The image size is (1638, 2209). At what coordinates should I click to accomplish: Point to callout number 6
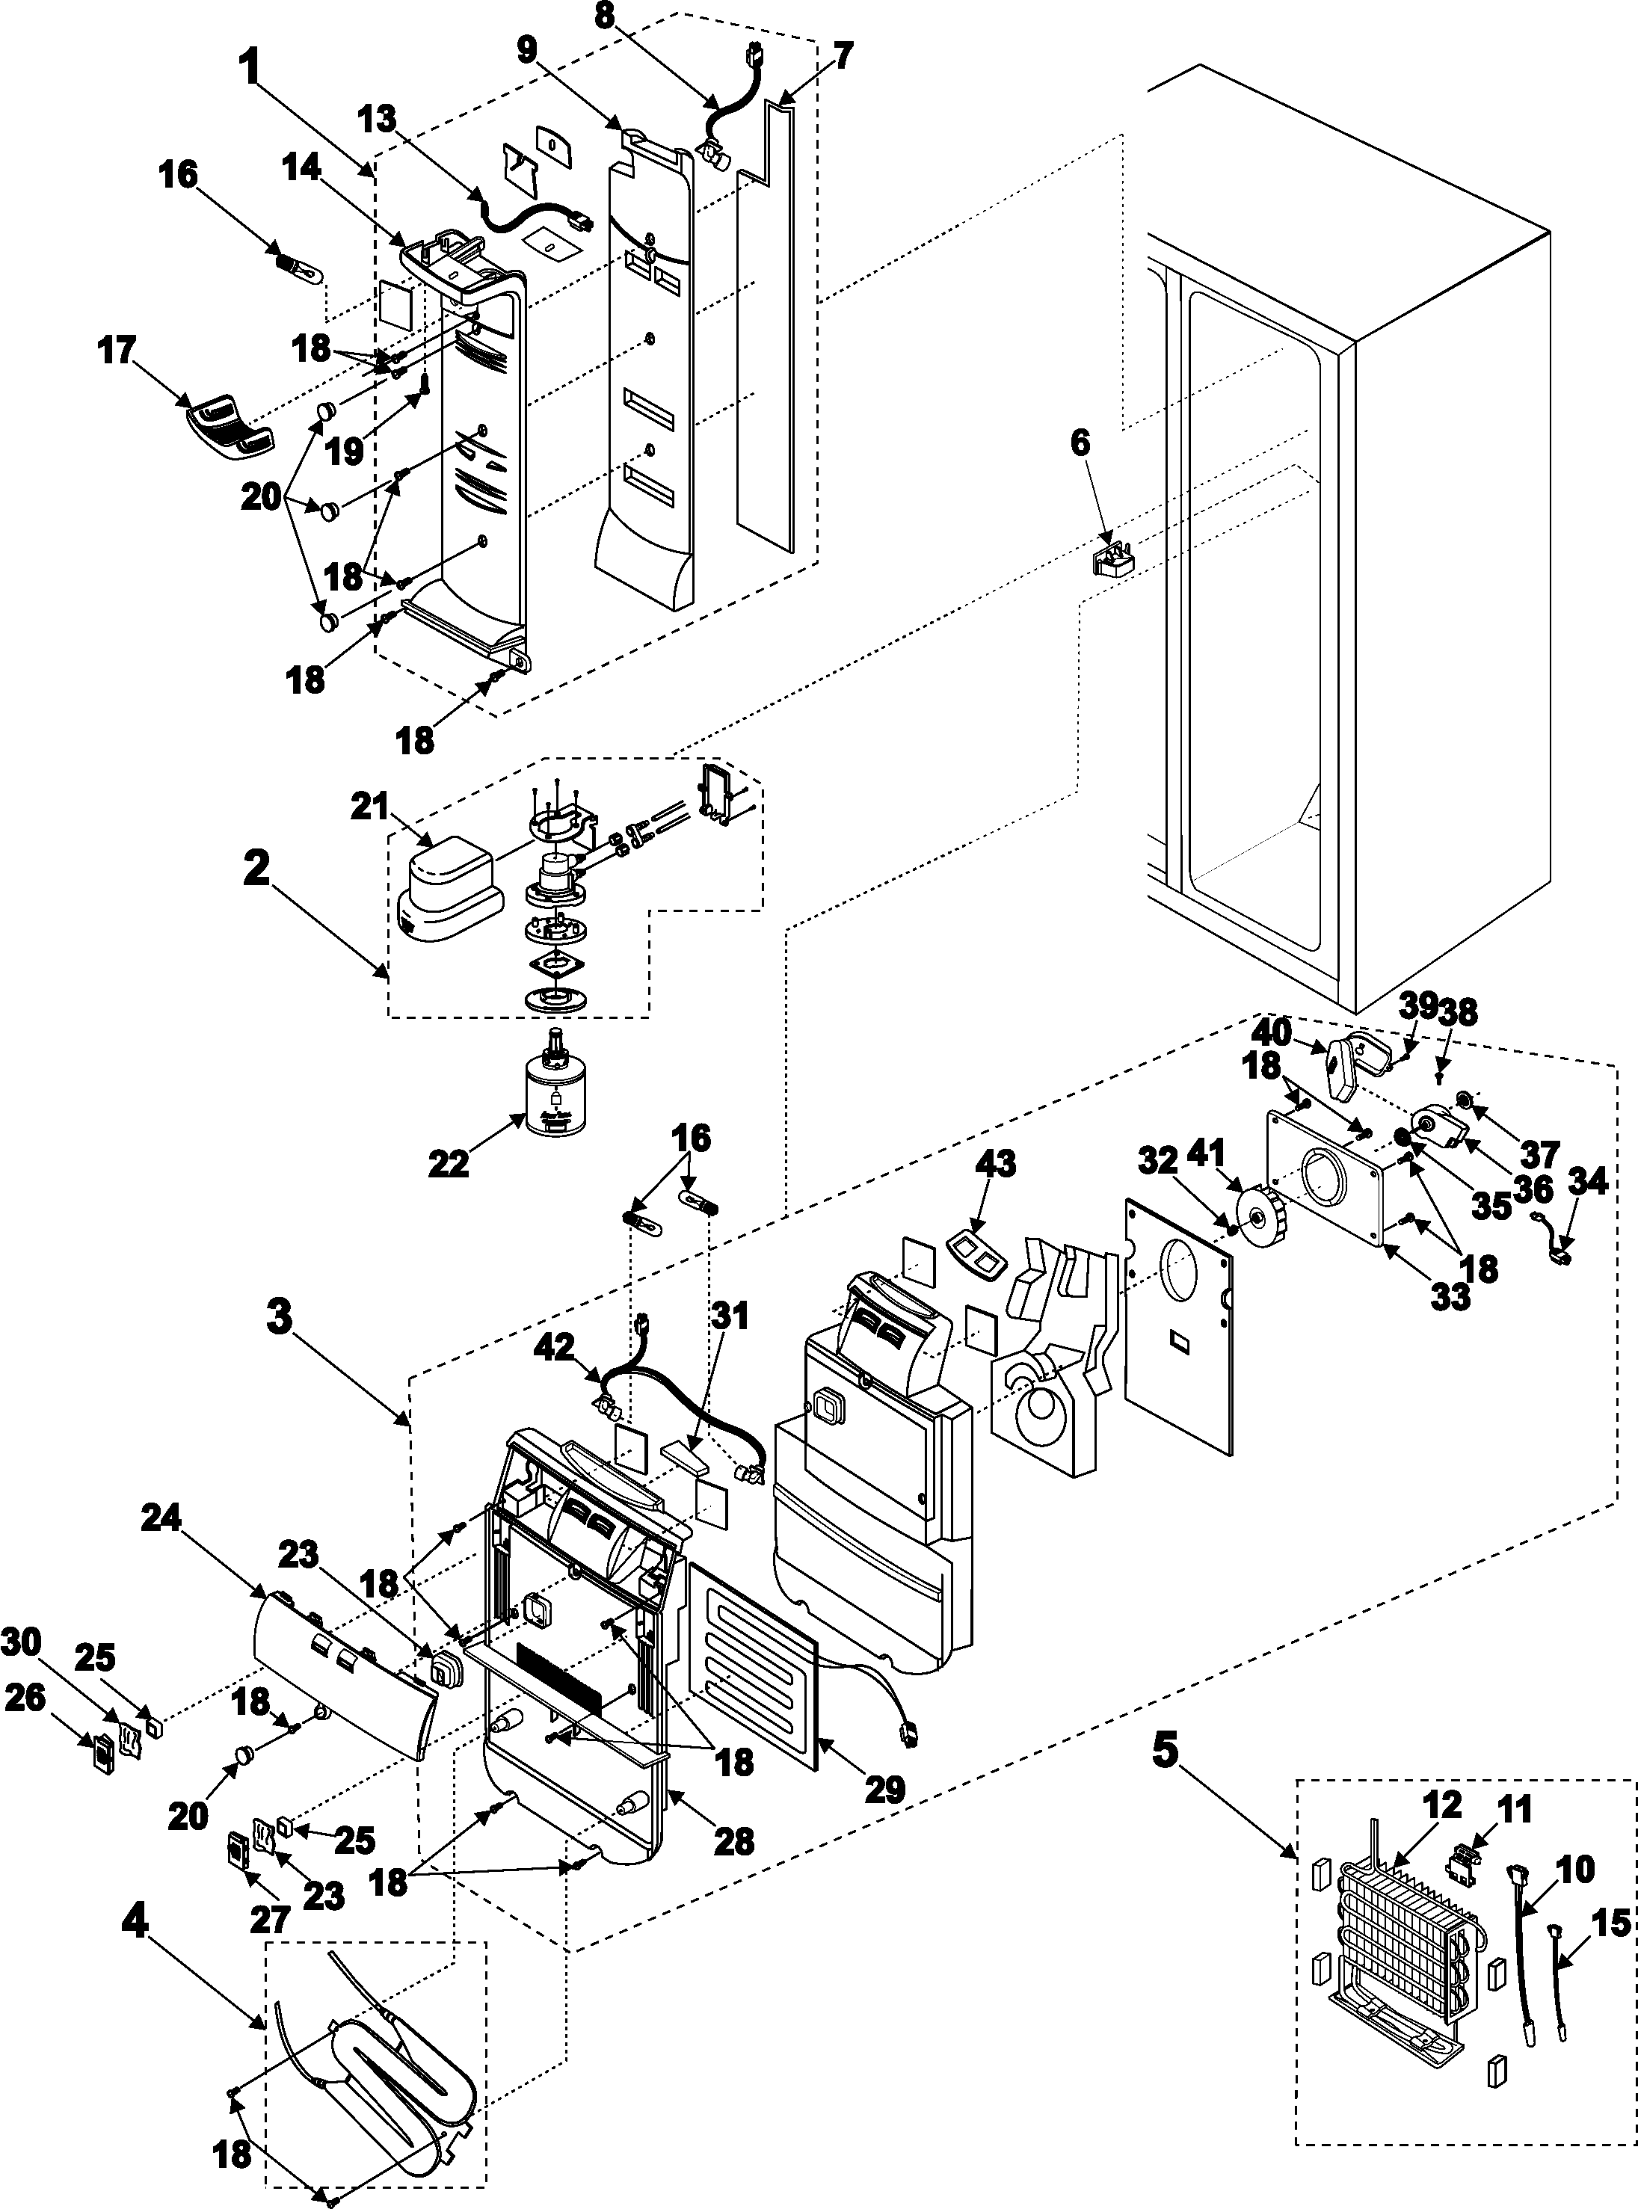click(1080, 443)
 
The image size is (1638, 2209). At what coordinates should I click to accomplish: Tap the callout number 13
click(378, 120)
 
